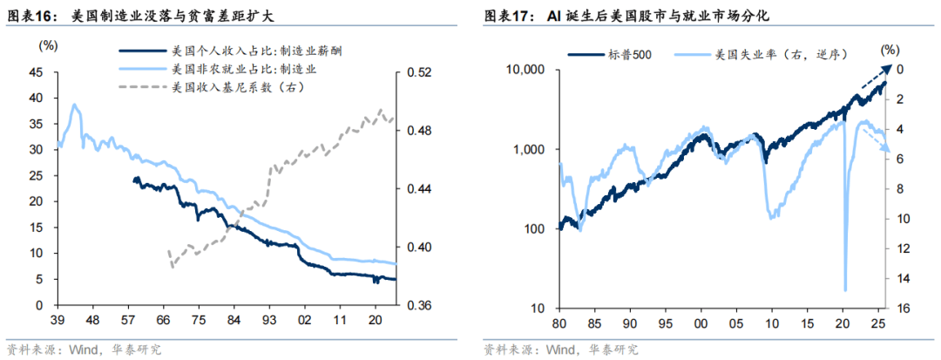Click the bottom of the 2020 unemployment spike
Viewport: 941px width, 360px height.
coord(845,290)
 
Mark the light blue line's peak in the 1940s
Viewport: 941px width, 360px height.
coord(75,105)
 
